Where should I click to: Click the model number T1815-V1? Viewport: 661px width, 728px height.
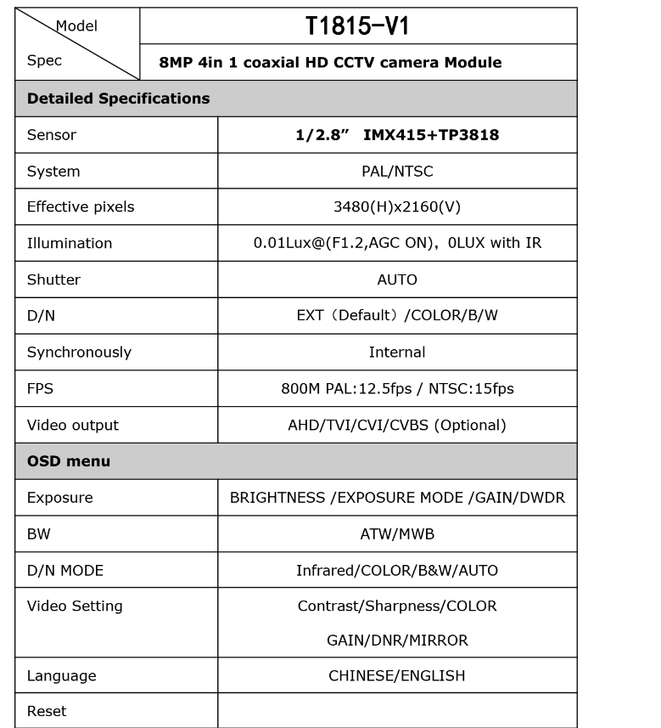point(357,26)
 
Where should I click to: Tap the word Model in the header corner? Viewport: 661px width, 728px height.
point(76,26)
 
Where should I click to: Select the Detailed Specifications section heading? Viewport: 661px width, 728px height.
point(118,99)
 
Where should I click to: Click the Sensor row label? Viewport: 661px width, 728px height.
point(51,135)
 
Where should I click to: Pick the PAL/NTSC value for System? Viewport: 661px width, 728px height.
point(397,172)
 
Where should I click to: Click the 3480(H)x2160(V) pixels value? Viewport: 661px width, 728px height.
point(397,207)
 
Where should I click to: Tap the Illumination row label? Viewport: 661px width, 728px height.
point(70,244)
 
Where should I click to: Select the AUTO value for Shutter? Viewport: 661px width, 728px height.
point(397,279)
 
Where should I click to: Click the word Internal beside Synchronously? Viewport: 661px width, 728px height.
point(397,352)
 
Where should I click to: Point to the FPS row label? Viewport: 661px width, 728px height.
point(40,388)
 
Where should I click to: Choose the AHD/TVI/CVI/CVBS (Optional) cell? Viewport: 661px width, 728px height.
point(397,425)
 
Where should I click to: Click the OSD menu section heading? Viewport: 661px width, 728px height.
point(69,461)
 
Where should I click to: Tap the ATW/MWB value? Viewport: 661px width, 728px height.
point(397,534)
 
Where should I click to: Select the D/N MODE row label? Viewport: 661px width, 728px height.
point(65,571)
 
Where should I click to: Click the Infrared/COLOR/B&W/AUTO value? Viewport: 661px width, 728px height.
point(397,571)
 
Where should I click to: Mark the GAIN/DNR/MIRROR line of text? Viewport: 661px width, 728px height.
point(397,641)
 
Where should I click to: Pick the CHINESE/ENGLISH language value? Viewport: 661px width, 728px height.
point(397,676)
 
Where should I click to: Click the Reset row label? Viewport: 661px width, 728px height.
point(47,711)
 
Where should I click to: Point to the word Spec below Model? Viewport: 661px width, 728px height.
point(44,61)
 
